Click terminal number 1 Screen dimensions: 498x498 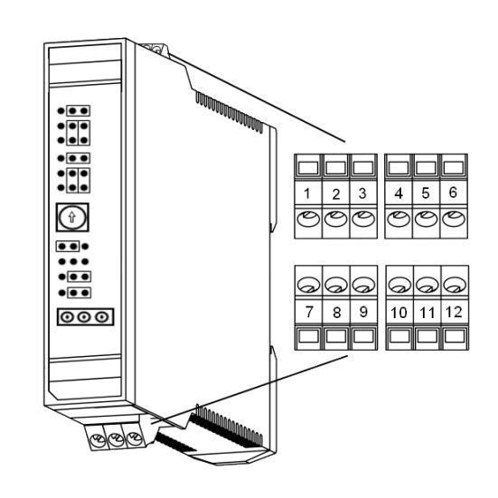(x=306, y=193)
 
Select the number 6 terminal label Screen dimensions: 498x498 (x=453, y=193)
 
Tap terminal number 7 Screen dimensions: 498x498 (x=309, y=312)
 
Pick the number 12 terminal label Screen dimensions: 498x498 (x=454, y=312)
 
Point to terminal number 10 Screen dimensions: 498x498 (x=399, y=313)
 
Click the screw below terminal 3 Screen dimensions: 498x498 (x=363, y=219)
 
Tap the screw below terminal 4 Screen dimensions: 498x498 (x=399, y=219)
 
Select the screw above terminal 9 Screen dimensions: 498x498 (x=363, y=285)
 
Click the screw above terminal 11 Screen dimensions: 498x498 (x=428, y=285)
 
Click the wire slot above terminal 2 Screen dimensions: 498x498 (x=335, y=167)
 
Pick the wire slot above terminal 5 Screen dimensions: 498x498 (x=426, y=167)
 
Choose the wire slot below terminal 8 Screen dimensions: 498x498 (x=336, y=336)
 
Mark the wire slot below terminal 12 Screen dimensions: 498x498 (x=455, y=336)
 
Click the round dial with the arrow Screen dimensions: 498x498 (x=72, y=217)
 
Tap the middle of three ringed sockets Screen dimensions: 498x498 (x=84, y=317)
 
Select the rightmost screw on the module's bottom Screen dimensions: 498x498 (x=135, y=438)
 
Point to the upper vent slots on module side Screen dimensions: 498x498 (x=230, y=112)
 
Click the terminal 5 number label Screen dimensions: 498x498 (x=426, y=193)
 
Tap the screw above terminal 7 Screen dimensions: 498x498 (x=309, y=285)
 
